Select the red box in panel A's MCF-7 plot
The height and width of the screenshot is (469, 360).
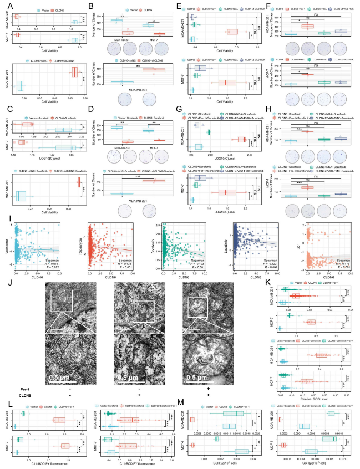point(16,35)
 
